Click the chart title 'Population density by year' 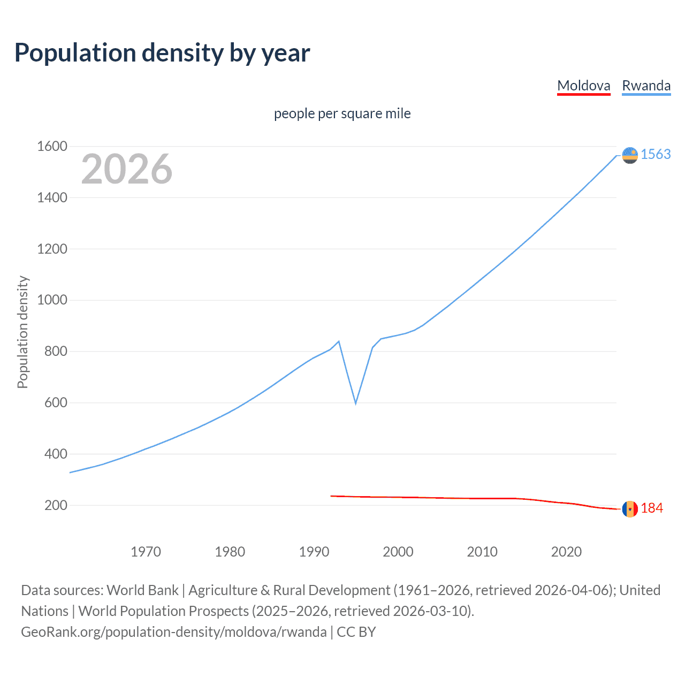point(162,53)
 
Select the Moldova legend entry point(583,86)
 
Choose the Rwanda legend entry point(646,86)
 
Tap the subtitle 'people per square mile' point(342,113)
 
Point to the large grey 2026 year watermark point(127,169)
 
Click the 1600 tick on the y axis point(52,146)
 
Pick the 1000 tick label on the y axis point(52,300)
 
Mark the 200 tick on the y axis point(56,505)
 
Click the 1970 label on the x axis point(146,552)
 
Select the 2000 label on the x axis point(398,552)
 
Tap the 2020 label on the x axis point(566,552)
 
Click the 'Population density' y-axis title point(22,332)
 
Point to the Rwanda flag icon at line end point(630,155)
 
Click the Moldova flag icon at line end point(630,509)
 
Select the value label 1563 point(656,154)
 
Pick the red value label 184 point(652,508)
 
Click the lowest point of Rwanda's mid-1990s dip point(355,403)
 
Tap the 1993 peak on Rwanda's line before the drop point(339,341)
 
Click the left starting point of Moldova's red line point(331,496)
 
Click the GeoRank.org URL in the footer point(173,632)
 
